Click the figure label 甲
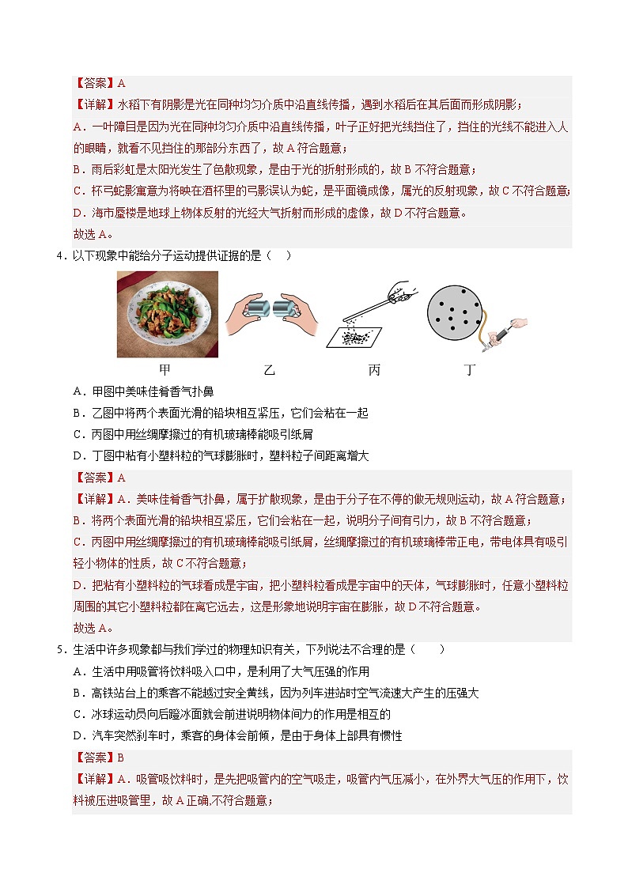165,369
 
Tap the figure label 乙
269,369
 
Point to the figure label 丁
470,369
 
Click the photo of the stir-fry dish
168,314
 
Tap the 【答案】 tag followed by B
94,758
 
